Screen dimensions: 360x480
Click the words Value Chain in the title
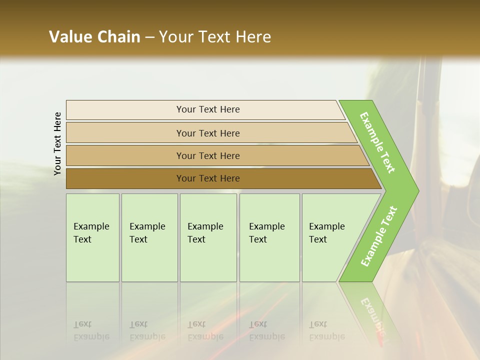pyautogui.click(x=94, y=37)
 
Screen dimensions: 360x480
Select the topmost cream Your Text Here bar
pyautogui.click(x=207, y=109)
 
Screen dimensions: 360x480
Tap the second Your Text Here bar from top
pyautogui.click(x=207, y=133)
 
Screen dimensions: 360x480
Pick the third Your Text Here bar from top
pyautogui.click(x=207, y=155)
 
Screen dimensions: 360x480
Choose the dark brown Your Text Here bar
pyautogui.click(x=207, y=178)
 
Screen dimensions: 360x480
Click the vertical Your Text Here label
pyautogui.click(x=57, y=143)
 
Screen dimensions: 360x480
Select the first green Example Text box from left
pyautogui.click(x=92, y=237)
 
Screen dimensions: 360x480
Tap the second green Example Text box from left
pyautogui.click(x=149, y=237)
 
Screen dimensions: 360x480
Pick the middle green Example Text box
pyautogui.click(x=208, y=237)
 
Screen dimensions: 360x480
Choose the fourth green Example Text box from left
pyautogui.click(x=269, y=237)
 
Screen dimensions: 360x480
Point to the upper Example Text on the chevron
pyautogui.click(x=377, y=142)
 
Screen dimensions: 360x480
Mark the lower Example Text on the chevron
pyautogui.click(x=378, y=236)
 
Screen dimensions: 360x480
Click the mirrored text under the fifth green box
pyautogui.click(x=326, y=330)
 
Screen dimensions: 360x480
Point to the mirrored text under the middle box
pyautogui.click(x=205, y=330)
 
